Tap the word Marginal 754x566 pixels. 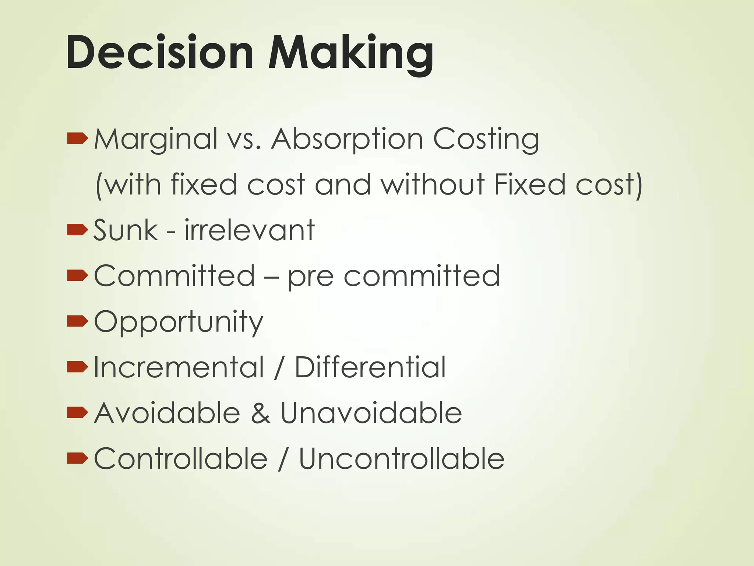[156, 139]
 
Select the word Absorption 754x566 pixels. [347, 139]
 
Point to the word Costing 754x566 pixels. [486, 139]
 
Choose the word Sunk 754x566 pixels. [126, 230]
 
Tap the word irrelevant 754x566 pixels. [249, 230]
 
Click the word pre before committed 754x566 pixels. [311, 276]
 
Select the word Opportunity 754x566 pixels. [179, 322]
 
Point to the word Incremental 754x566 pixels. [179, 367]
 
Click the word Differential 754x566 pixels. [370, 367]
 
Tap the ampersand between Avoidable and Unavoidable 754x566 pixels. [261, 413]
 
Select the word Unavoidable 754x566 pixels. [371, 413]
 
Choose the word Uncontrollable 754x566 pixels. [401, 459]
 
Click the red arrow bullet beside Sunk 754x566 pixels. [77, 230]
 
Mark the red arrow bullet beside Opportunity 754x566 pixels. [77, 321]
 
